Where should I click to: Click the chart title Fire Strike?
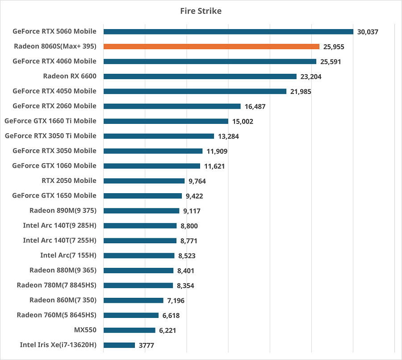point(201,11)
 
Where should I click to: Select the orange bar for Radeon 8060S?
point(211,47)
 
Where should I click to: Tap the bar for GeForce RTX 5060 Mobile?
point(228,31)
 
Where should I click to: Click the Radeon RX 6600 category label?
point(70,76)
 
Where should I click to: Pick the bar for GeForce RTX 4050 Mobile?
point(195,91)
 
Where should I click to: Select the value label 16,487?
point(255,106)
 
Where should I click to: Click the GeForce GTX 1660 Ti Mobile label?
point(50,121)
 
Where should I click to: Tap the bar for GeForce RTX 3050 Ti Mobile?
point(159,136)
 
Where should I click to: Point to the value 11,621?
point(214,166)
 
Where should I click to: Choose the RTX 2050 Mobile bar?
point(144,181)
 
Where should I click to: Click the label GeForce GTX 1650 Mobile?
point(54,195)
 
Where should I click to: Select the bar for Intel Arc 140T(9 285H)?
point(140,226)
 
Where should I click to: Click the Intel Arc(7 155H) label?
point(68,255)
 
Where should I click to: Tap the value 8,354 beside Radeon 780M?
point(185,285)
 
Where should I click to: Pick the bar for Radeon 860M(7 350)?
point(133,300)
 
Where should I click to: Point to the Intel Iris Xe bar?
point(119,345)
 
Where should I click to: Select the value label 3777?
point(146,345)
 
